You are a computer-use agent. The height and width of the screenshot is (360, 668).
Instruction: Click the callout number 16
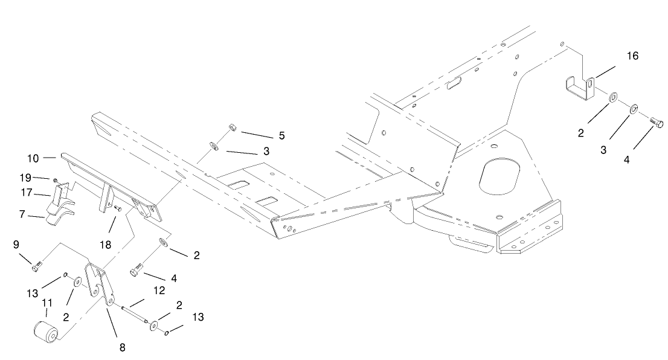632,56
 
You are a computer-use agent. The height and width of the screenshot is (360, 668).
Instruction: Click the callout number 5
282,136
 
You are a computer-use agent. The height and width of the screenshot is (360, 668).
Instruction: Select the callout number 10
33,158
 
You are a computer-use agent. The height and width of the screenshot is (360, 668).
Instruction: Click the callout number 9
16,245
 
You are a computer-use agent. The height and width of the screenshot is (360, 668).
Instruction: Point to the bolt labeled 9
38,263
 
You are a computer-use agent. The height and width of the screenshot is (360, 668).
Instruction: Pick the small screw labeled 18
118,208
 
